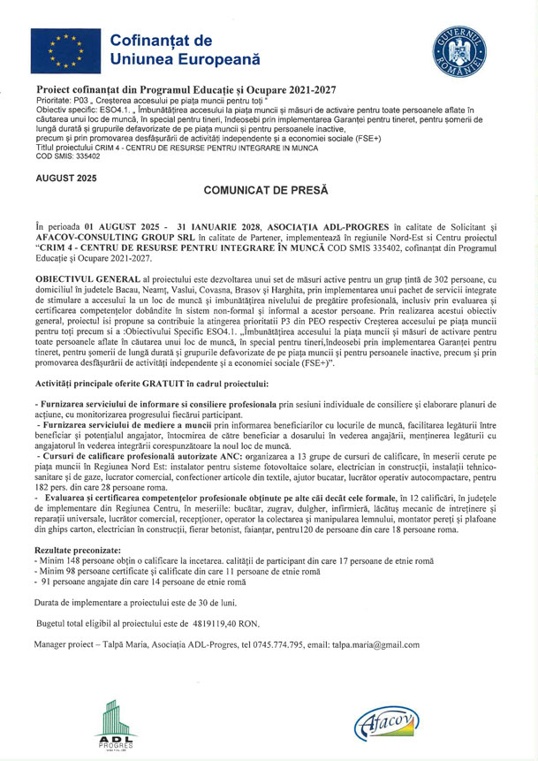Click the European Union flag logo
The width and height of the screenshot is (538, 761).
point(63,49)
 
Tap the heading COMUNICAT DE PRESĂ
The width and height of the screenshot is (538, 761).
point(266,190)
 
